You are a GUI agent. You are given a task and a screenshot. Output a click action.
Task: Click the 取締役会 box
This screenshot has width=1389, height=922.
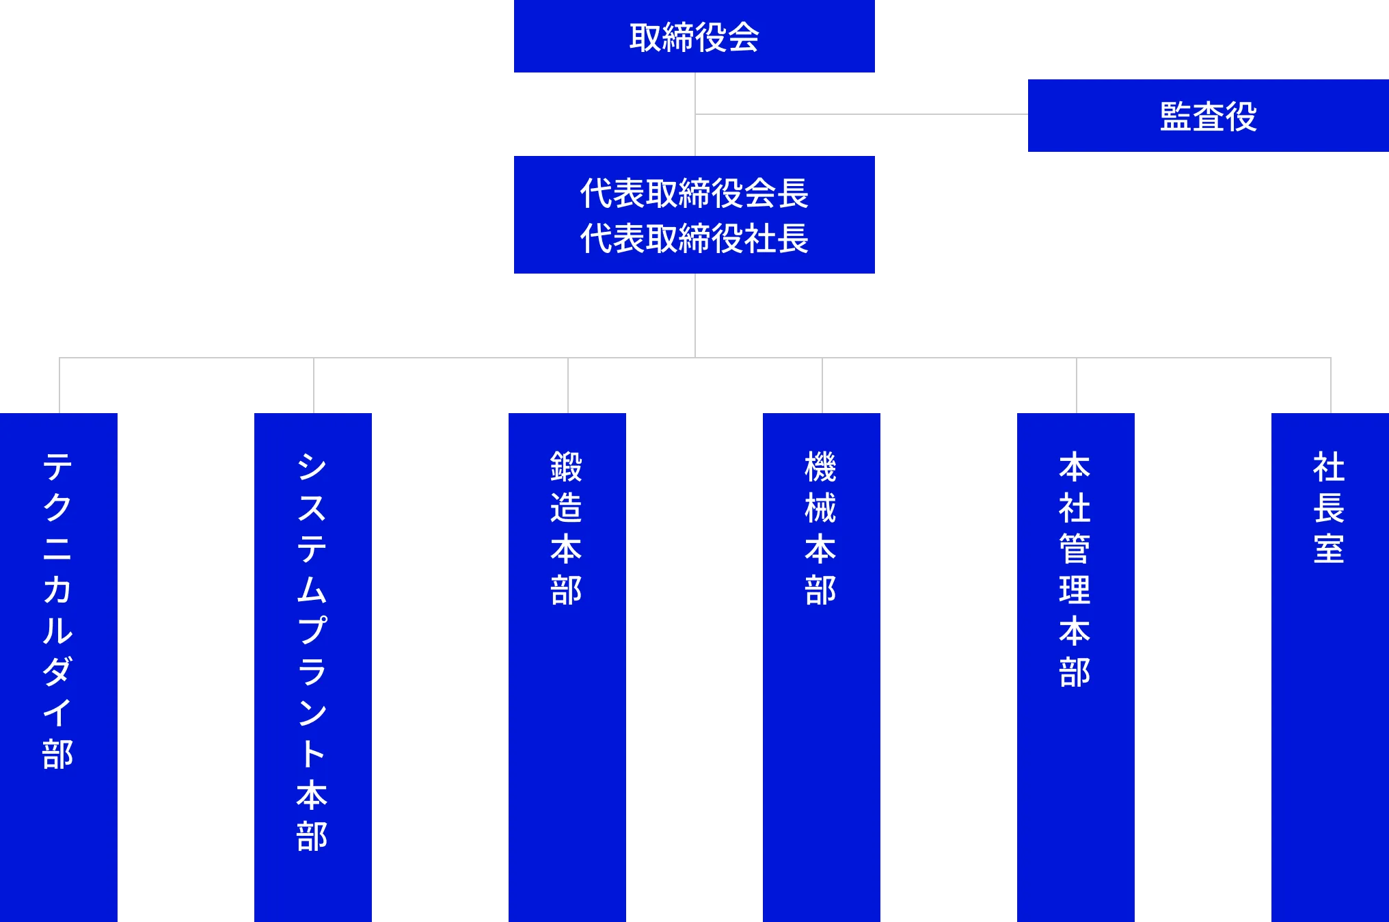(694, 37)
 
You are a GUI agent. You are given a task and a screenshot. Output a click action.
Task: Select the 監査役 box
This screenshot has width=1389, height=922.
(1208, 116)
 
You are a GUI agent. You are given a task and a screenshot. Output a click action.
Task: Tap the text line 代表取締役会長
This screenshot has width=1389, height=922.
(694, 194)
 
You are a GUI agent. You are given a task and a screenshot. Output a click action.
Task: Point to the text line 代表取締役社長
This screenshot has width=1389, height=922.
(694, 239)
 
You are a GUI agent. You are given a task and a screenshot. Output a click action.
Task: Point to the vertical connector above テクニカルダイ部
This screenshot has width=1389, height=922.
(57, 385)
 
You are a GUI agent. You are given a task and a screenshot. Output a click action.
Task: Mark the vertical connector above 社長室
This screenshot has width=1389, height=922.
(1331, 385)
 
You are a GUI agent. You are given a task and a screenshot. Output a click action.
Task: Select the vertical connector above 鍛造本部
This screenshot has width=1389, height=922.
(566, 385)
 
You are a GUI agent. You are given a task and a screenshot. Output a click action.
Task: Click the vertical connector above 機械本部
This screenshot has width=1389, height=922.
(822, 385)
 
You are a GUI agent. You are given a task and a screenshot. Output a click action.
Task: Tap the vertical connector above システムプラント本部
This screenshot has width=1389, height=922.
(314, 385)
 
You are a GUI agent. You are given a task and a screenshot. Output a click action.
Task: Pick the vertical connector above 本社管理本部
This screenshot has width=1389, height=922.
(1075, 385)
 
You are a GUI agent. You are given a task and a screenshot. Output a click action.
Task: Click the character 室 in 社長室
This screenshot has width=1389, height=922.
(1329, 549)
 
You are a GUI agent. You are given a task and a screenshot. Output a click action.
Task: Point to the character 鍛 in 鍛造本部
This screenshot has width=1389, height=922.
(566, 466)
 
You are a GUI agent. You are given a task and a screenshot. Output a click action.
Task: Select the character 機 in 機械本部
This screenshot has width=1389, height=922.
(820, 466)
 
